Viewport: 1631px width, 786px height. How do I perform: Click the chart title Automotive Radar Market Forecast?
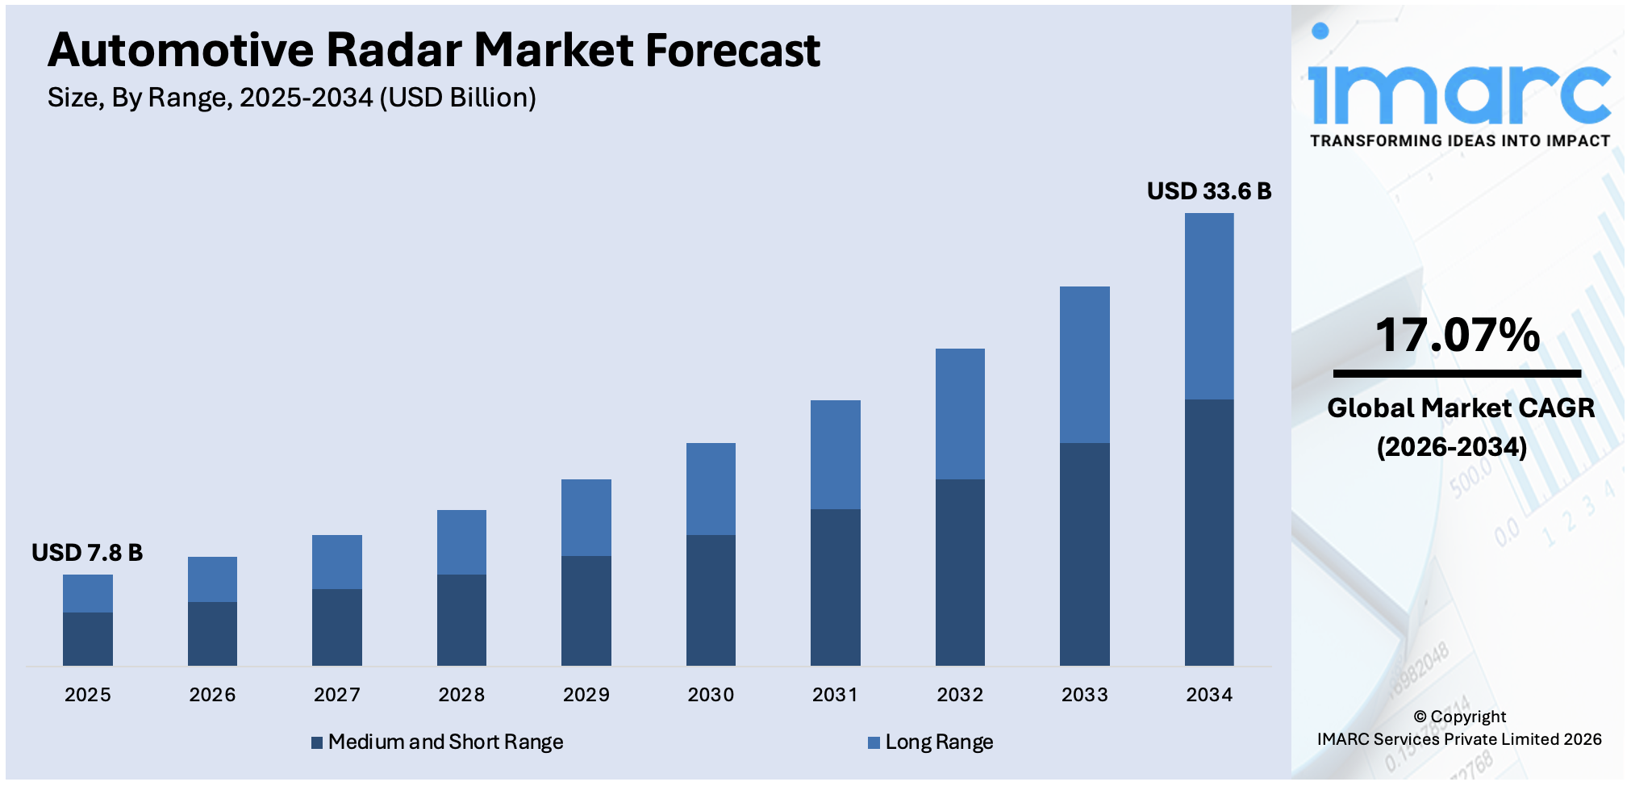pyautogui.click(x=433, y=50)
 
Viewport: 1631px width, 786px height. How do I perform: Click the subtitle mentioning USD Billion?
pyautogui.click(x=291, y=98)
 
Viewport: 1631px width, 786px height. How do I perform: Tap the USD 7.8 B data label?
pyautogui.click(x=87, y=553)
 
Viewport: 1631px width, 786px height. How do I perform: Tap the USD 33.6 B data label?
pyautogui.click(x=1208, y=191)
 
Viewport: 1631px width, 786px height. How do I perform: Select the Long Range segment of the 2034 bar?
pyautogui.click(x=1208, y=306)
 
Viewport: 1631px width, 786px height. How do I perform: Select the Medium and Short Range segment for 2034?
pyautogui.click(x=1208, y=532)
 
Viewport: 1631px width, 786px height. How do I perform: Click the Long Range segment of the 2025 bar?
pyautogui.click(x=87, y=593)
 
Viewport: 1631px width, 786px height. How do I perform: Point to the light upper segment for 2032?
pyautogui.click(x=959, y=413)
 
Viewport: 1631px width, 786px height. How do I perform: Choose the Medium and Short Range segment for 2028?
pyautogui.click(x=461, y=620)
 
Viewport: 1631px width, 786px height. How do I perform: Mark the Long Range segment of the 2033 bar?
pyautogui.click(x=1084, y=364)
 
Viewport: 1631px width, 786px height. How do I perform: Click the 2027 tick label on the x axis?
pyautogui.click(x=336, y=695)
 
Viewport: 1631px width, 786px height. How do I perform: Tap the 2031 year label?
pyautogui.click(x=835, y=695)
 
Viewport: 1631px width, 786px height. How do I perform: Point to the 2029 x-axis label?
pyautogui.click(x=586, y=695)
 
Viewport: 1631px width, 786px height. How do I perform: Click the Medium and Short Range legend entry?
pyautogui.click(x=437, y=742)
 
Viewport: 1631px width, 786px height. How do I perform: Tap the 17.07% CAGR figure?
pyautogui.click(x=1457, y=335)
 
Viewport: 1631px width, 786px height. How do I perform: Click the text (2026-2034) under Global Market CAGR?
pyautogui.click(x=1451, y=446)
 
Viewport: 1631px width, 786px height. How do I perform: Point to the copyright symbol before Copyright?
pyautogui.click(x=1420, y=717)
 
